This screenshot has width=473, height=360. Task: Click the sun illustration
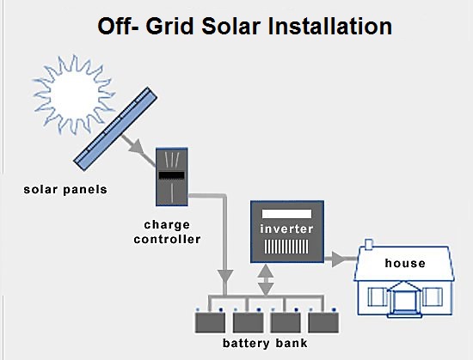tap(74, 95)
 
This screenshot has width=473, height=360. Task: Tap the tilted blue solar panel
tap(115, 129)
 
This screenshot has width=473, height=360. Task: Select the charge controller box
tap(172, 177)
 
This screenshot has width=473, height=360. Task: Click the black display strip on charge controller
tap(172, 175)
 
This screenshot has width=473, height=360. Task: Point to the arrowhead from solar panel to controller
tap(137, 146)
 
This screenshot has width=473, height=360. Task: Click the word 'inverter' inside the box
tap(286, 229)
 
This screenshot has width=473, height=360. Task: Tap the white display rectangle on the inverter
tap(286, 214)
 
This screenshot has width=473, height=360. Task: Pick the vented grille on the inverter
tap(286, 247)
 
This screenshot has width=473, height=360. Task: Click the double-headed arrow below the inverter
tap(266, 280)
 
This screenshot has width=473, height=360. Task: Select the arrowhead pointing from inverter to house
tap(338, 259)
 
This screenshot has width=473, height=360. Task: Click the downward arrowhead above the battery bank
tap(225, 277)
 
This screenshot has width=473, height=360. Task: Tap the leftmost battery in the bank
tap(210, 321)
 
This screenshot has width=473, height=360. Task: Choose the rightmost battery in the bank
tap(323, 321)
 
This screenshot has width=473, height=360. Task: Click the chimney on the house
tap(369, 244)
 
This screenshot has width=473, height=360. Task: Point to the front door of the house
tap(404, 302)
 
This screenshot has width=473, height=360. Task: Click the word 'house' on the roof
tap(405, 263)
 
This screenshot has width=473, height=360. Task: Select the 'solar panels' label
tap(65, 190)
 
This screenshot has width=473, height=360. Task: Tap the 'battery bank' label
tap(265, 343)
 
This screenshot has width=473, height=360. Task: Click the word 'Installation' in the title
tap(330, 27)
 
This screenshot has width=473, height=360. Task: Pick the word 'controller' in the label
tap(168, 239)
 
